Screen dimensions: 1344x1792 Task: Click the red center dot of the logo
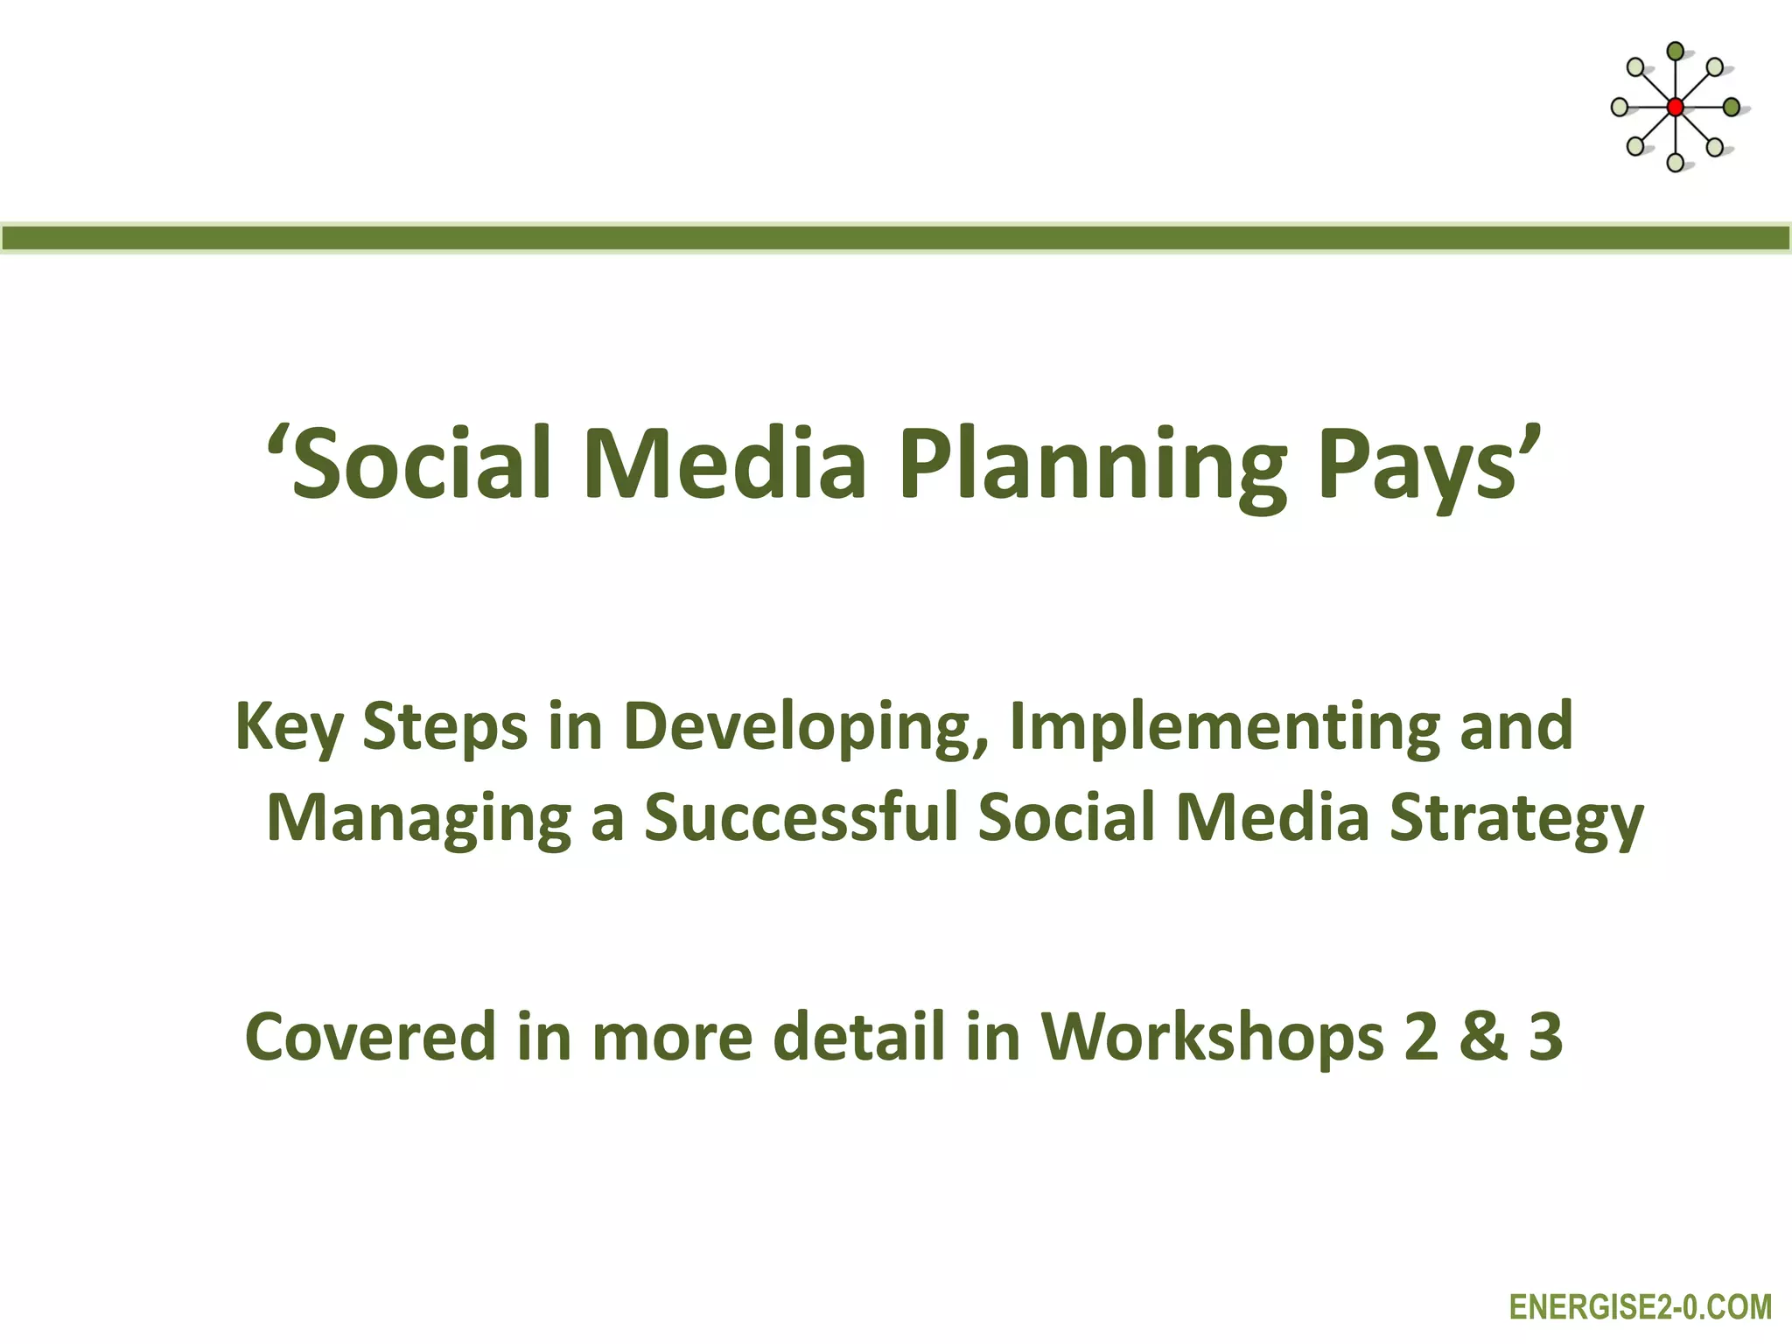coord(1675,108)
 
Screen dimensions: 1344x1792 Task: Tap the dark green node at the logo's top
coord(1675,52)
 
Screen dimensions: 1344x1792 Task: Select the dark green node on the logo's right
coord(1731,108)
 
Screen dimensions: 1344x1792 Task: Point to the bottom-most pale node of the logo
coord(1675,163)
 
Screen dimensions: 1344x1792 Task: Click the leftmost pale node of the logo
coord(1620,108)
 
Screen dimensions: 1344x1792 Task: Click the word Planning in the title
coord(1093,464)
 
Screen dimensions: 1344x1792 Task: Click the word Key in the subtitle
coord(289,726)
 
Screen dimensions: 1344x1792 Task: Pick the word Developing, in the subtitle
coord(805,726)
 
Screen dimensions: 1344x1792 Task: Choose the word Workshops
coord(1212,1037)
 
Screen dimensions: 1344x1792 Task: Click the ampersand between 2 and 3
coord(1482,1037)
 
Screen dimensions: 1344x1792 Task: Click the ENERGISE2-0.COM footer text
coord(1640,1307)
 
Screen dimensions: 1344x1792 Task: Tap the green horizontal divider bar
coord(896,238)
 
